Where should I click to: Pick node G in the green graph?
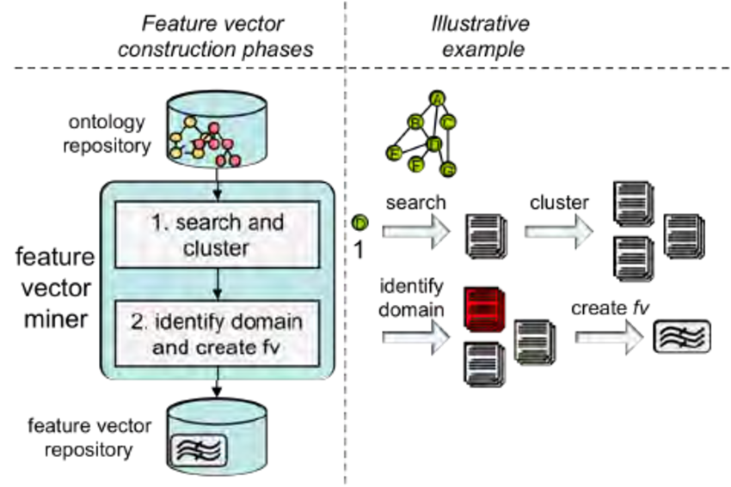(x=446, y=169)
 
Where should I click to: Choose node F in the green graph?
(x=418, y=161)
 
